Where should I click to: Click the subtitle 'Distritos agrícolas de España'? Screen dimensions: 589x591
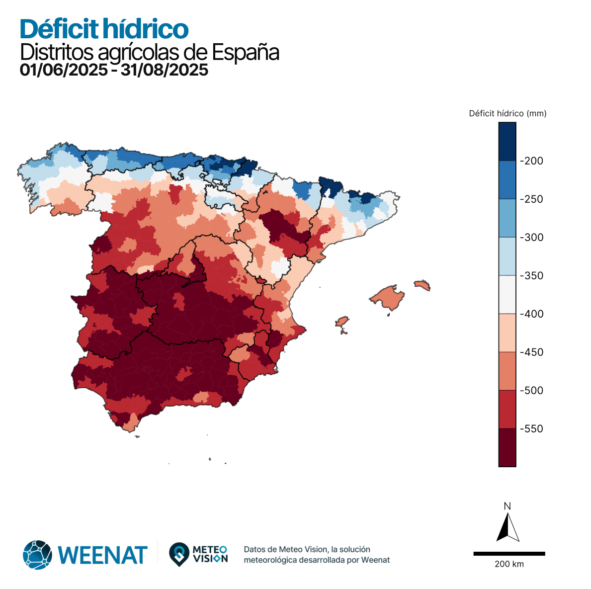(x=149, y=52)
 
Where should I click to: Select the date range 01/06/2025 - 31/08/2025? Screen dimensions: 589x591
(x=114, y=70)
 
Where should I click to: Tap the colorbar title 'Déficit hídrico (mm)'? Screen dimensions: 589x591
(x=507, y=113)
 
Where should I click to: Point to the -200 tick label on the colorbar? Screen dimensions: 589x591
(x=531, y=161)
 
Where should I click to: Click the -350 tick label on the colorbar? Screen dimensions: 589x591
(x=531, y=276)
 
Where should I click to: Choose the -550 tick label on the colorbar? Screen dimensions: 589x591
(x=531, y=429)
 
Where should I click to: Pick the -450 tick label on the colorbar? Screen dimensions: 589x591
(x=531, y=352)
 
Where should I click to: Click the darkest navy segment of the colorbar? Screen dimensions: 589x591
(x=507, y=142)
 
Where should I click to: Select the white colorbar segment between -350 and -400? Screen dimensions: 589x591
(x=507, y=295)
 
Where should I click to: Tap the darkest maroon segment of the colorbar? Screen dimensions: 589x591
(x=507, y=447)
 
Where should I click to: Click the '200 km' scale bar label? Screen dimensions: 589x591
(x=509, y=564)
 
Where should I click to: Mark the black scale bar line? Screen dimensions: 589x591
(x=509, y=553)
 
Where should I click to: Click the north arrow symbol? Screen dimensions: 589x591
(x=507, y=528)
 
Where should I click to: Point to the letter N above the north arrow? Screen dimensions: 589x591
(x=507, y=506)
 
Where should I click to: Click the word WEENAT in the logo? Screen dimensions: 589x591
(x=103, y=555)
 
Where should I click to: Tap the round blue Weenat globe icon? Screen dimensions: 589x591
(x=37, y=554)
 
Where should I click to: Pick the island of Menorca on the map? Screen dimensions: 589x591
(x=422, y=285)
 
